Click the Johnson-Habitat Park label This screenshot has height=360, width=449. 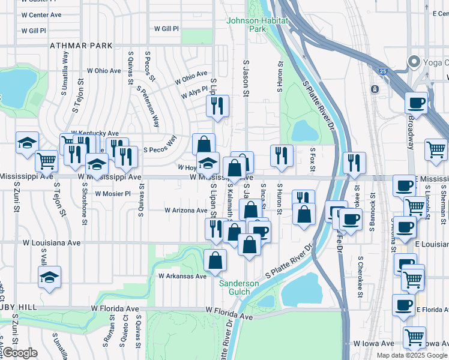pos(257,25)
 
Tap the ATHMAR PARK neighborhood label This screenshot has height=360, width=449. pos(81,46)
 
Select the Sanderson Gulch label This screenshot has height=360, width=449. pos(239,287)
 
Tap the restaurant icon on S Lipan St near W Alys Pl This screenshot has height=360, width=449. pos(217,106)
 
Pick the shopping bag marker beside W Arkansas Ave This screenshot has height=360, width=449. pos(215,260)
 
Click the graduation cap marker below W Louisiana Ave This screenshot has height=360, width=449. pos(49,277)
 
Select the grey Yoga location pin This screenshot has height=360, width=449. pos(414,61)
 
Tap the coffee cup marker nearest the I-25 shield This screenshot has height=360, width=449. pos(415,103)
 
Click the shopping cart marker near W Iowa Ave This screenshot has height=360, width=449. pos(414,337)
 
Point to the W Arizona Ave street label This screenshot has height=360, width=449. pos(186,211)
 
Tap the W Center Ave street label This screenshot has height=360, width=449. pos(41,14)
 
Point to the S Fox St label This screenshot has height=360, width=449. pos(312,159)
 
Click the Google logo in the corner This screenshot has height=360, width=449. pos(20,353)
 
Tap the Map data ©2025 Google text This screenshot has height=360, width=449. pos(412,355)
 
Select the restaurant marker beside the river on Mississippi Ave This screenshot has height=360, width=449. pos(354,162)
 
